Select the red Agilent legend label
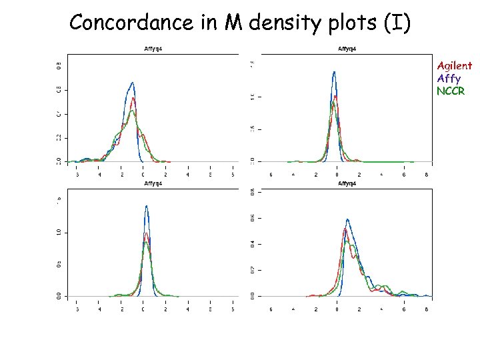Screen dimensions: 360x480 [x=454, y=65]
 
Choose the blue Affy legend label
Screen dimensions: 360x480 [x=449, y=78]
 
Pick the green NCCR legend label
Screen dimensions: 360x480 [x=451, y=91]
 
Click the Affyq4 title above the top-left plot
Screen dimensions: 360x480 [x=155, y=49]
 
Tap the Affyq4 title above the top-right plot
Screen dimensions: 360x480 [x=347, y=49]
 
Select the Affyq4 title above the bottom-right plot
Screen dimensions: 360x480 [x=347, y=183]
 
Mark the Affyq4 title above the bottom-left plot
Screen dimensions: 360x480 [x=155, y=183]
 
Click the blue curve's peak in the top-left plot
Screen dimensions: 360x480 [x=133, y=83]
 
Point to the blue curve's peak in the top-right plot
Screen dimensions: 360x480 [x=334, y=71]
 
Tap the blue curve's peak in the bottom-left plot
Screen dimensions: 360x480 [x=146, y=206]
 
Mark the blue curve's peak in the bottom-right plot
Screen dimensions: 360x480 [x=347, y=219]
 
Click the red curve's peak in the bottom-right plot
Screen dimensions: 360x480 [x=345, y=229]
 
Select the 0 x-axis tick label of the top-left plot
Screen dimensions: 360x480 [x=143, y=175]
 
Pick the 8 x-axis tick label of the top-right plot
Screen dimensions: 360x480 [x=426, y=175]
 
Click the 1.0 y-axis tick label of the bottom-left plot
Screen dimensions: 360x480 [x=58, y=232]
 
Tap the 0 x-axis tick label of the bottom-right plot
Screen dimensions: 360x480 [x=338, y=309]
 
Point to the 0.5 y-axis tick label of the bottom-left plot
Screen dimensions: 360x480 [x=58, y=264]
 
